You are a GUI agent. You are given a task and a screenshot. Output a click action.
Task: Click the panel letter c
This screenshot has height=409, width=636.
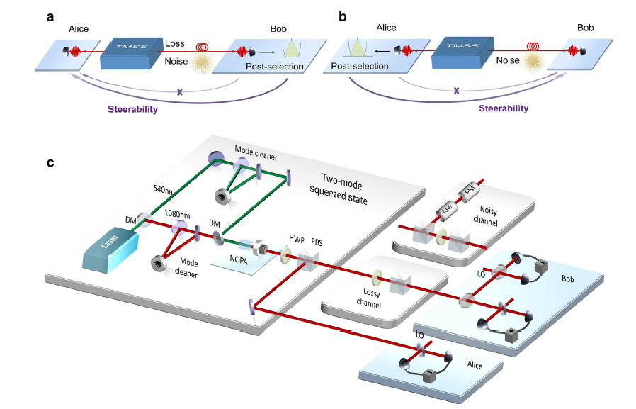(x=50, y=162)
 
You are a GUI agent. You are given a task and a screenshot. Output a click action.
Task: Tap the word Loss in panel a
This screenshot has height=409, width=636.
(x=175, y=43)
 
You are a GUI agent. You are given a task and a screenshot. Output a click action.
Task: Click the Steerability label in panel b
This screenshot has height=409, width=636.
(x=504, y=108)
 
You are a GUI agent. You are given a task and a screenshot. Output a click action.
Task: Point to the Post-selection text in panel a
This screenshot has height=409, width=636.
(x=275, y=67)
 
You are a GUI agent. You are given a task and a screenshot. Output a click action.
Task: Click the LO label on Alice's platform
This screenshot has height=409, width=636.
(x=420, y=334)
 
